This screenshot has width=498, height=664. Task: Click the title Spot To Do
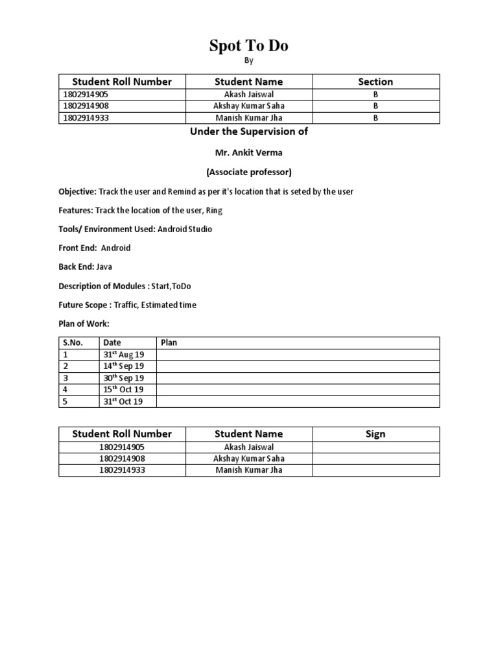pyautogui.click(x=248, y=45)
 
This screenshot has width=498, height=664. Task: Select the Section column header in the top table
pyautogui.click(x=375, y=82)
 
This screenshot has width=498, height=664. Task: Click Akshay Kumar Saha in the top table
pyautogui.click(x=249, y=106)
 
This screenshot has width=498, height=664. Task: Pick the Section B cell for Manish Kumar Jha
pyautogui.click(x=375, y=118)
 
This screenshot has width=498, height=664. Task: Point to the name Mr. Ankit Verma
pyautogui.click(x=248, y=152)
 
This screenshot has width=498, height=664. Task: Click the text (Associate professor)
pyautogui.click(x=248, y=172)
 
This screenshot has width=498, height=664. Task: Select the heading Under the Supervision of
pyautogui.click(x=248, y=132)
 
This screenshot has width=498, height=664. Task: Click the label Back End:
pyautogui.click(x=77, y=267)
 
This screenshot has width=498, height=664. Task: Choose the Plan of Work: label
pyautogui.click(x=84, y=324)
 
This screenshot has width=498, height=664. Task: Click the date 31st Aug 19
pyautogui.click(x=124, y=355)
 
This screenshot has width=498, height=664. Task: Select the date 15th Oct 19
pyautogui.click(x=124, y=390)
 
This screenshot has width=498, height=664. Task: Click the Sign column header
pyautogui.click(x=375, y=434)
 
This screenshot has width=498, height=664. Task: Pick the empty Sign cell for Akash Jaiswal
pyautogui.click(x=375, y=447)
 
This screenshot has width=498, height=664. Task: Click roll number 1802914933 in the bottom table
pyautogui.click(x=122, y=470)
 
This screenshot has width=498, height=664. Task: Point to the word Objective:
pyautogui.click(x=77, y=192)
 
